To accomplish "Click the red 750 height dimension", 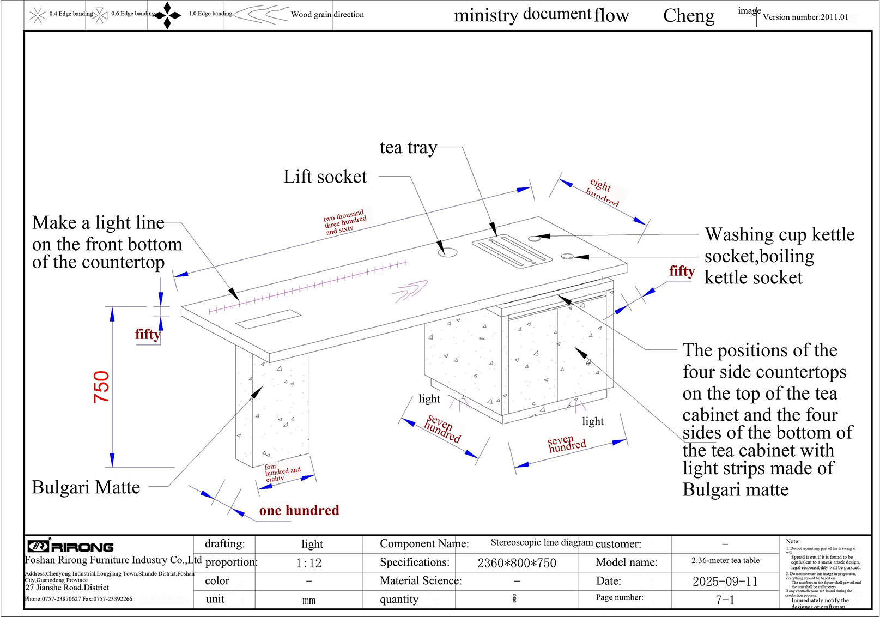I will tap(102, 387).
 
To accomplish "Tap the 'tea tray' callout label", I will tap(408, 148).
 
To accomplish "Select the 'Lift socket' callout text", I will tap(325, 177).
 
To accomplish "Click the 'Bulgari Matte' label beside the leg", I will tap(86, 487).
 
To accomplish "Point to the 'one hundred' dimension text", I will tap(299, 511).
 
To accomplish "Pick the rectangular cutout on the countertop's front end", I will tap(268, 319).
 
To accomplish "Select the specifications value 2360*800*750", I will tap(517, 563).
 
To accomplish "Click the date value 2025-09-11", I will tap(725, 582).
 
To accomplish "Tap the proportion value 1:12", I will tap(308, 563).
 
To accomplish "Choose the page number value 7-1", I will tap(725, 600).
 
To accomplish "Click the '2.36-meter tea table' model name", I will tap(725, 560).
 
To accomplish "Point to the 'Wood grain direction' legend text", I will tap(327, 15).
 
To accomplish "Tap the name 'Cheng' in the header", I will tap(689, 16).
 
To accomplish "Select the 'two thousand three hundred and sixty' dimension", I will tap(344, 222).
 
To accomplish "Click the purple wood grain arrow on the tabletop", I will tap(409, 291).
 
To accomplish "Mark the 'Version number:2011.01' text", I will tap(805, 17).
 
